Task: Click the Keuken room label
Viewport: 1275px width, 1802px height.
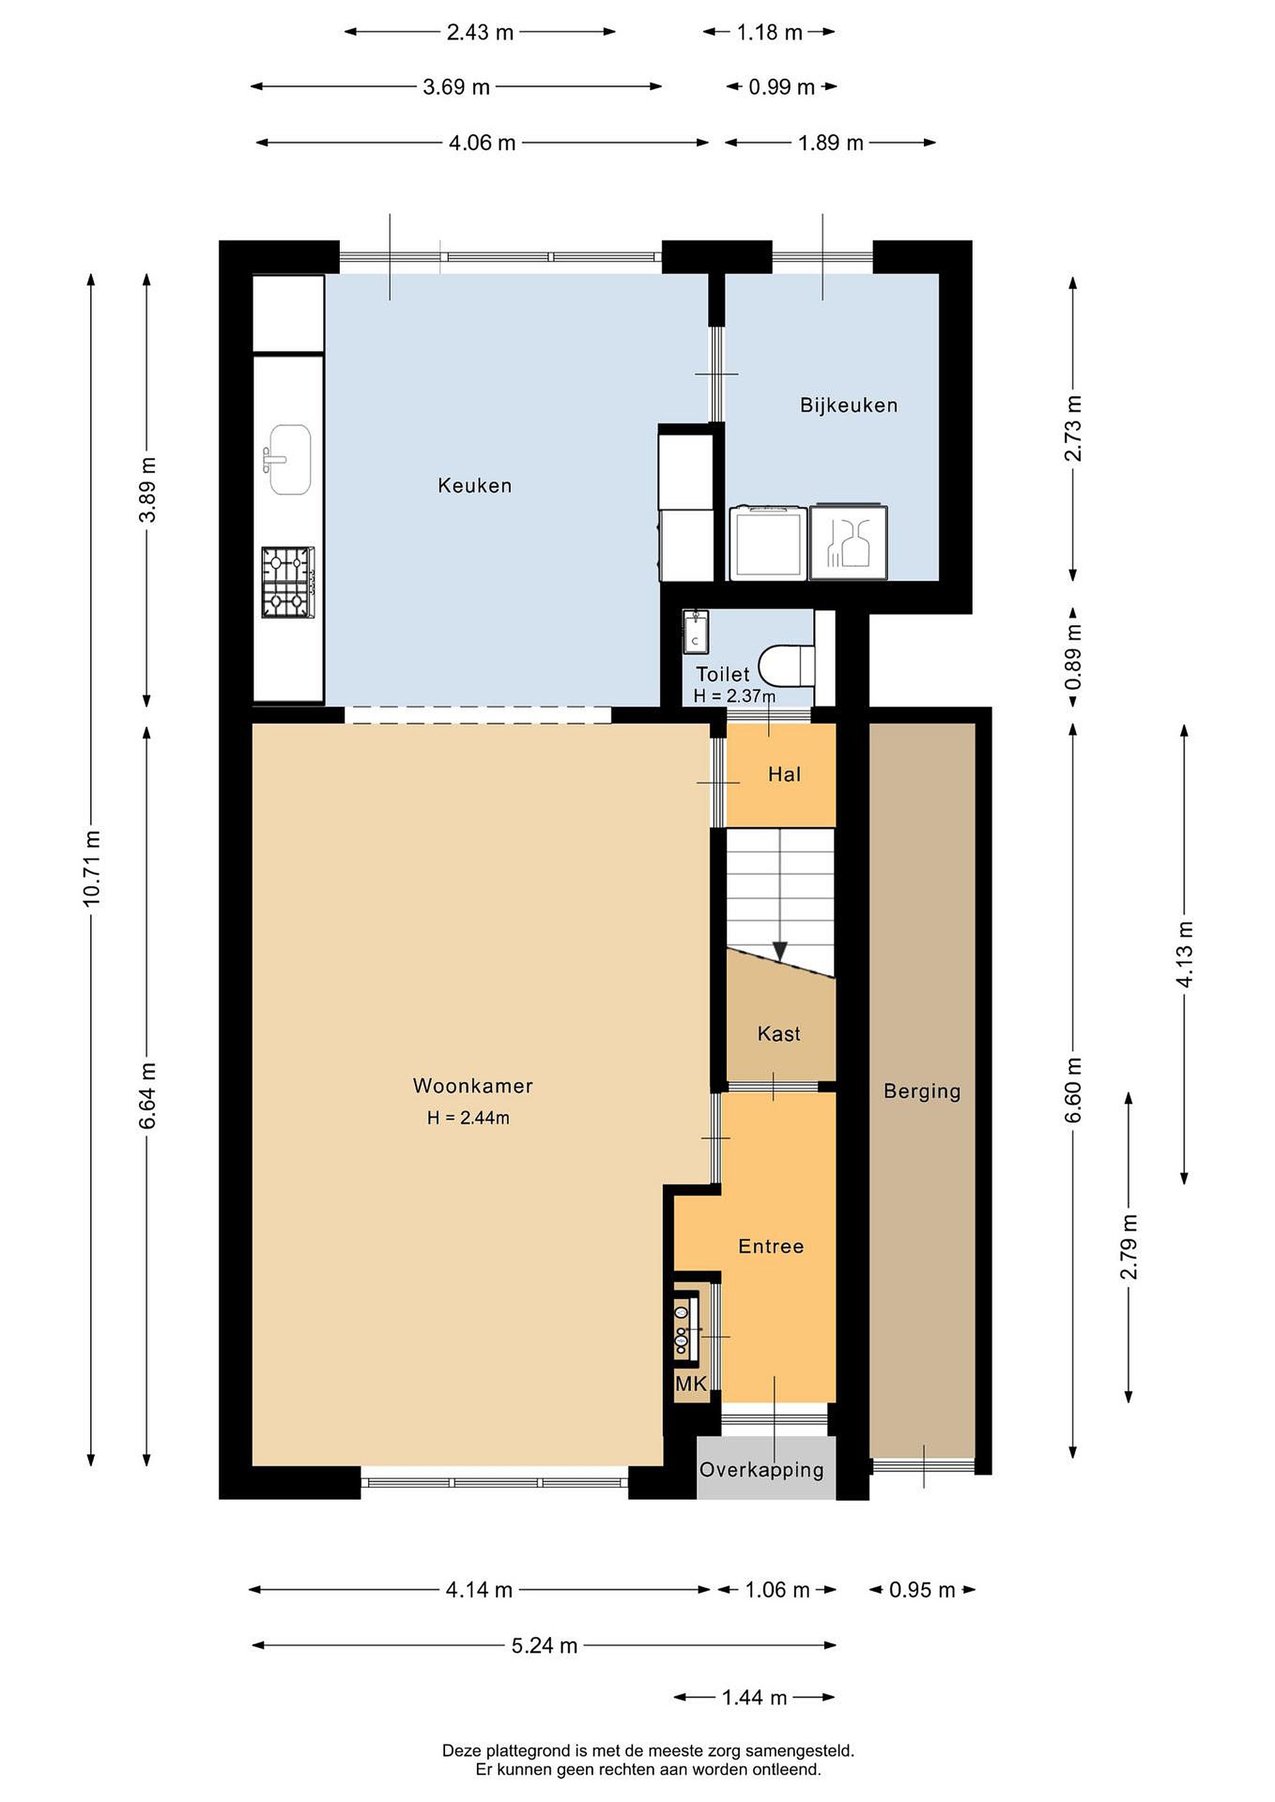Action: [x=475, y=486]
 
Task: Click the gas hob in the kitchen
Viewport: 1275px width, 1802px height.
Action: [x=288, y=583]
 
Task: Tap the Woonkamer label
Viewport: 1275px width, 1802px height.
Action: [x=473, y=1086]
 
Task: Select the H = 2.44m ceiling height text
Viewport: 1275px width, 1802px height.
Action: [x=469, y=1117]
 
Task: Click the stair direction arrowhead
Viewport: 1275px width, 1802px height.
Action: [x=780, y=951]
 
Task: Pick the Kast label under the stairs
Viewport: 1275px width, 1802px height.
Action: [x=779, y=1034]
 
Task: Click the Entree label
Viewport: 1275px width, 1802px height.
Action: [x=771, y=1246]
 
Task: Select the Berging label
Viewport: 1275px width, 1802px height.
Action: [x=923, y=1092]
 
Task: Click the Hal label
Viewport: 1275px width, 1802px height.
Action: [x=784, y=775]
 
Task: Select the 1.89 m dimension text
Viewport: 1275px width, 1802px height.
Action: [x=831, y=143]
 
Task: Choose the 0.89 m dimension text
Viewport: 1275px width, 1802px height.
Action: [x=1073, y=657]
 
